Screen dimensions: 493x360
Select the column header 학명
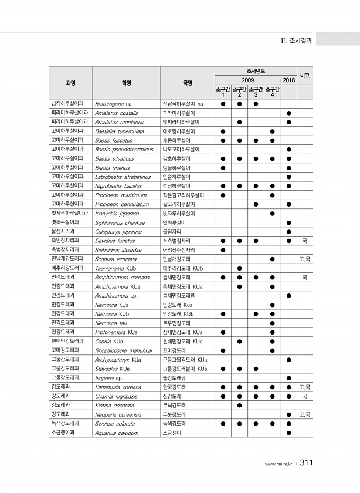tap(127, 83)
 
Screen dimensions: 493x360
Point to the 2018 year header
tap(288, 80)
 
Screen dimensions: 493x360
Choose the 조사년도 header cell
tap(256, 71)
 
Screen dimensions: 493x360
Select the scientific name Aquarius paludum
tap(117, 433)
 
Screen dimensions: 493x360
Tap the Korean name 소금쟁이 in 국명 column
tap(172, 433)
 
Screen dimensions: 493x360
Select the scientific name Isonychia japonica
tap(118, 213)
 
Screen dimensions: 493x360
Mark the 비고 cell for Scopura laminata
tap(305, 259)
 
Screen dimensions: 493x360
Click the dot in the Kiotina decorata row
tap(239, 406)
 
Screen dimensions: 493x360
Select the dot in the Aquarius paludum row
tap(288, 433)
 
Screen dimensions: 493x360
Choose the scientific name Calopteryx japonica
tap(118, 232)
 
